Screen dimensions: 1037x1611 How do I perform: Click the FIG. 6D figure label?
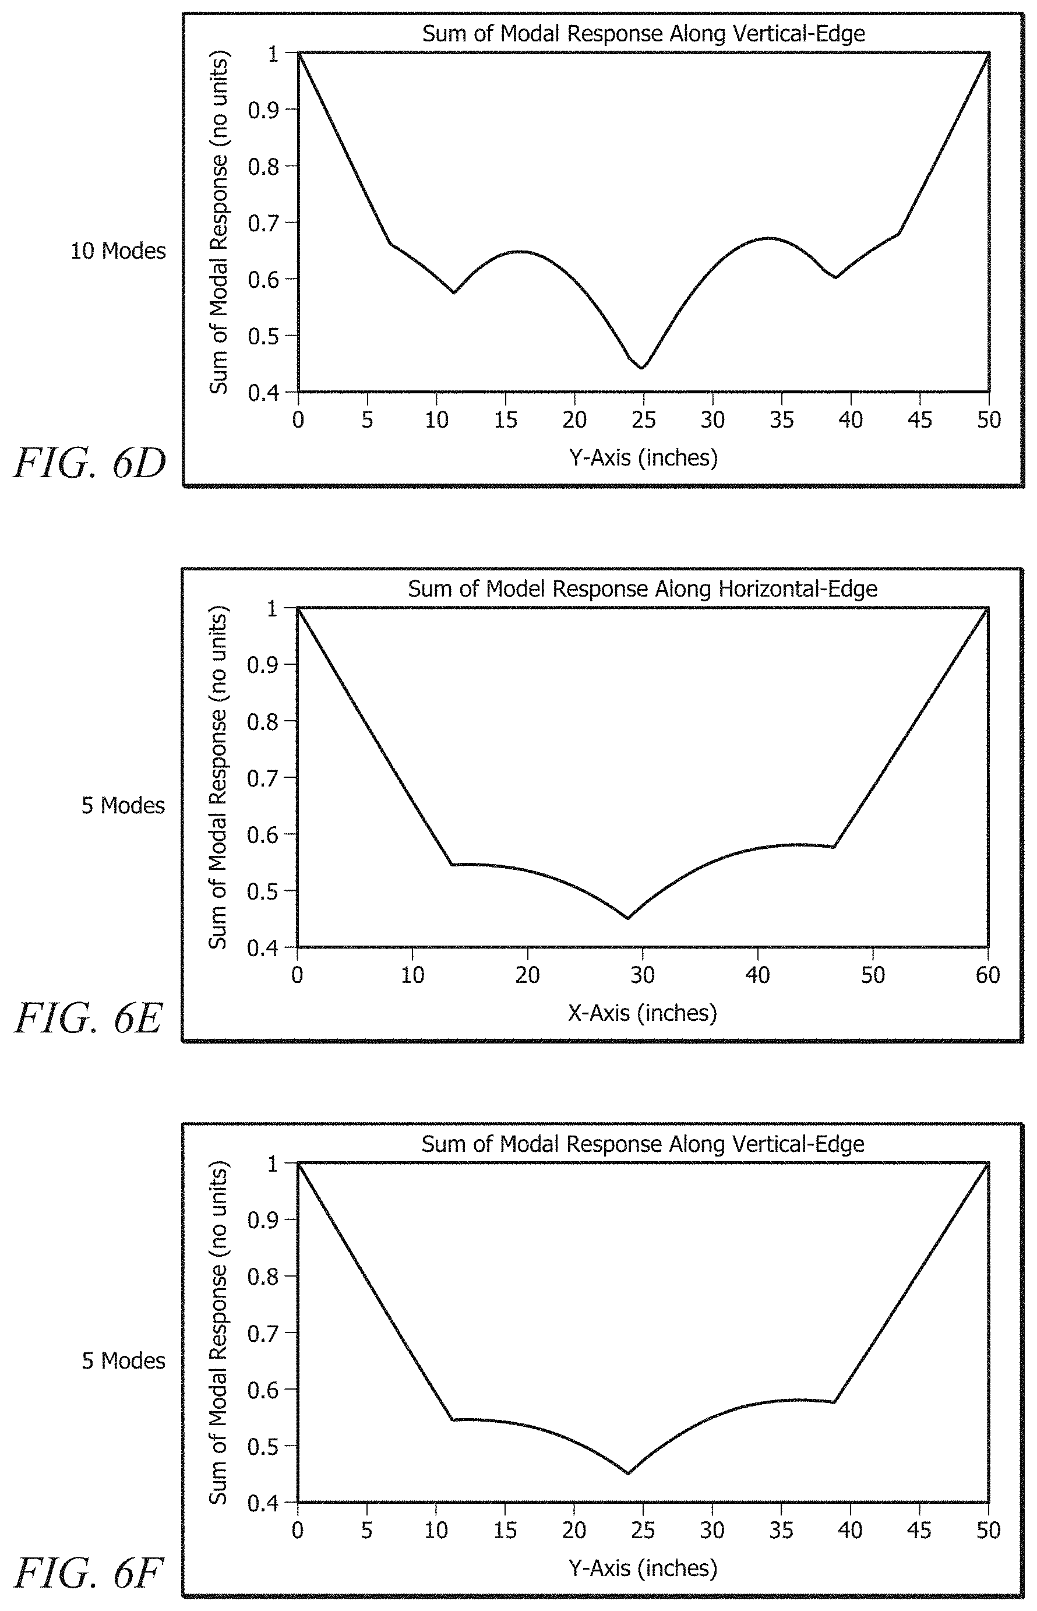point(90,464)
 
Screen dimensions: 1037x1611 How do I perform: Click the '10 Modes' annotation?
point(118,251)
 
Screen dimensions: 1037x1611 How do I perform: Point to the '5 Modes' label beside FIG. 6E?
point(124,805)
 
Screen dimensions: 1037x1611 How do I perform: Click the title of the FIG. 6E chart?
point(643,589)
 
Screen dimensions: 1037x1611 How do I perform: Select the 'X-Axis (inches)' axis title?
point(643,1013)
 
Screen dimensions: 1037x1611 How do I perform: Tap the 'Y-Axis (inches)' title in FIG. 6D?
point(643,458)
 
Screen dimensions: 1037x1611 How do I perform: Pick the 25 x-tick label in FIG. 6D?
point(644,420)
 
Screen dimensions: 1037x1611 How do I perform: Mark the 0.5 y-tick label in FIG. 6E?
point(263,891)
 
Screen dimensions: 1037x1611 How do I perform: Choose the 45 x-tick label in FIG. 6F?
point(919,1531)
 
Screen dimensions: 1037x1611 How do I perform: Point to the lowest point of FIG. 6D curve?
point(643,368)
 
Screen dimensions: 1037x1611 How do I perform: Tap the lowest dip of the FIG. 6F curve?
point(627,1473)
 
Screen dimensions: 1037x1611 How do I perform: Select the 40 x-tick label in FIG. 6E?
point(757,975)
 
